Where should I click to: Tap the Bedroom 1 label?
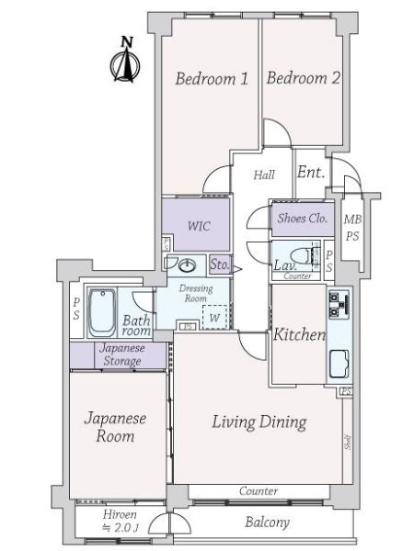(x=212, y=79)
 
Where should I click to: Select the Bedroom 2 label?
(x=304, y=79)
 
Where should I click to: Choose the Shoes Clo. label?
(x=302, y=219)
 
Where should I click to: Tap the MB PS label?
(x=352, y=227)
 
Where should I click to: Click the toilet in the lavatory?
(x=295, y=253)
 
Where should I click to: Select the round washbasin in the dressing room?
(x=188, y=266)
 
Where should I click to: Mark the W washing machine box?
(x=213, y=317)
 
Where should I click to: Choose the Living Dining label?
(x=259, y=422)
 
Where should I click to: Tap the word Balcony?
(x=268, y=523)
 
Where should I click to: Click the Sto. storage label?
(x=219, y=266)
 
